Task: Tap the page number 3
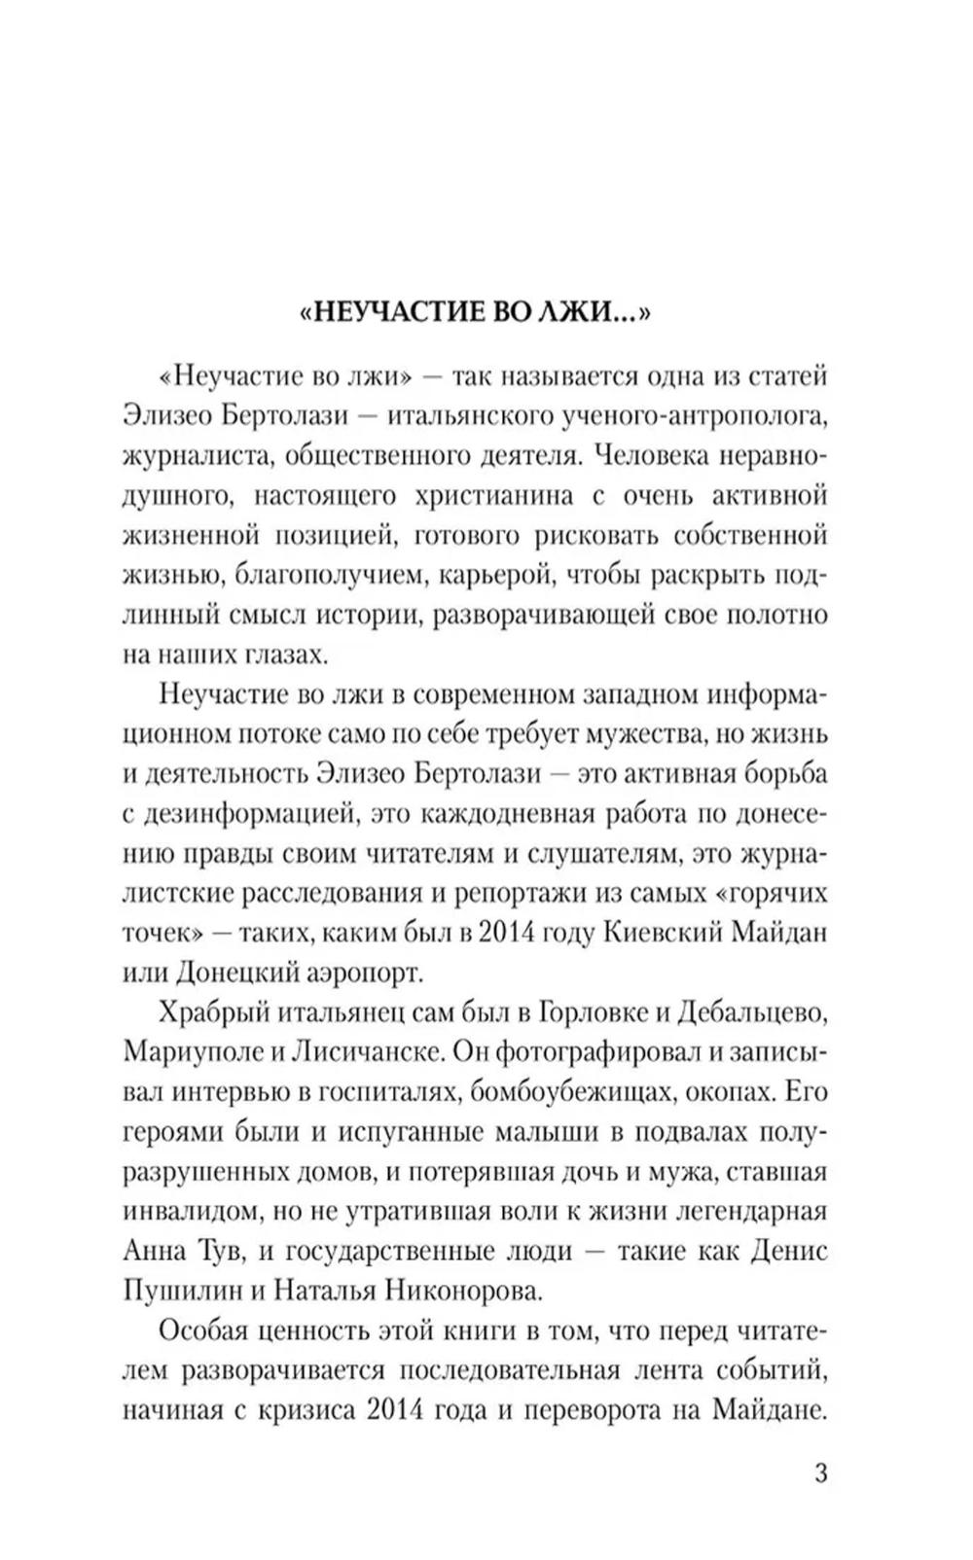pyautogui.click(x=819, y=1472)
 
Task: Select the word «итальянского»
pyautogui.click(x=470, y=415)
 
